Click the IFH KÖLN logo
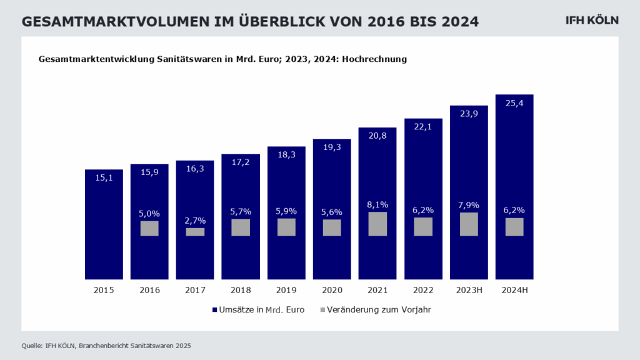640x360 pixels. pyautogui.click(x=591, y=21)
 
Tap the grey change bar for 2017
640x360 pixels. pyautogui.click(x=195, y=232)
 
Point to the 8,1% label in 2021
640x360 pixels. pyautogui.click(x=377, y=204)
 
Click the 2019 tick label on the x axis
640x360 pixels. pyautogui.click(x=286, y=290)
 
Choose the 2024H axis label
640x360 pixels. pyautogui.click(x=514, y=290)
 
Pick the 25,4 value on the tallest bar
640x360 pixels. pyautogui.click(x=514, y=104)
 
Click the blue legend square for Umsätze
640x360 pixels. pyautogui.click(x=213, y=309)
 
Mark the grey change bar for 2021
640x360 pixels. pyautogui.click(x=377, y=224)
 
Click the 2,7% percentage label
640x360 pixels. pyautogui.click(x=195, y=220)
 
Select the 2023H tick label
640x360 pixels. pyautogui.click(x=469, y=290)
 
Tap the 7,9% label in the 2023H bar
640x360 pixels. pyautogui.click(x=469, y=204)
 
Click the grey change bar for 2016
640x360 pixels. pyautogui.click(x=149, y=228)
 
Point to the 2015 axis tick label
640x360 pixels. pyautogui.click(x=104, y=290)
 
